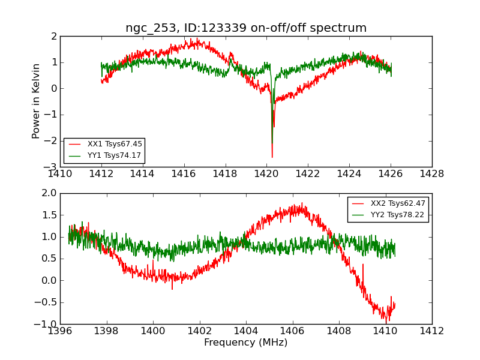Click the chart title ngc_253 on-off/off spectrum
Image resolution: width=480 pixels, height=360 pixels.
pyautogui.click(x=246, y=28)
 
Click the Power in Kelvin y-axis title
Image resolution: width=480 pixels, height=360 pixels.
pyautogui.click(x=37, y=101)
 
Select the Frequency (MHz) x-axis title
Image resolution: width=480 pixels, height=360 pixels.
pyautogui.click(x=246, y=343)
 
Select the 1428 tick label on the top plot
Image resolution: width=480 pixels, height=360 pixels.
pyautogui.click(x=431, y=174)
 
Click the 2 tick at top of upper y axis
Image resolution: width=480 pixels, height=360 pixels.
pyautogui.click(x=54, y=36)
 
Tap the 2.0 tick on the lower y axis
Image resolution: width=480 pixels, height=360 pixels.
pyautogui.click(x=49, y=193)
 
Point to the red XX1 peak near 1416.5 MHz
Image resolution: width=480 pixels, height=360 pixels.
pyautogui.click(x=197, y=38)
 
